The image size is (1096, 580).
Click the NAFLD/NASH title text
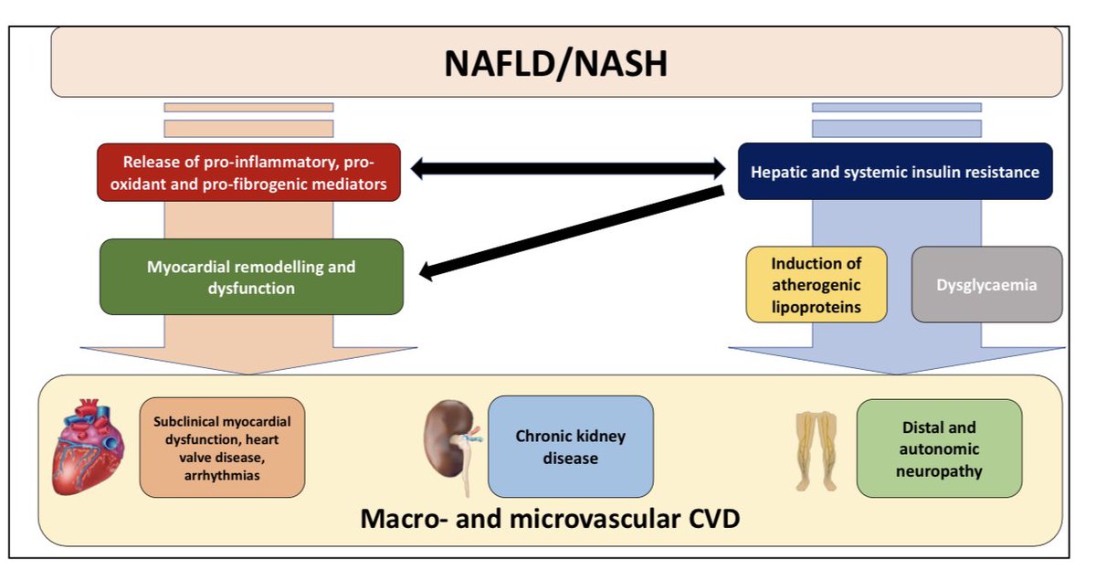click(555, 63)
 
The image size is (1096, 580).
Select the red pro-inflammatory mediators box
click(249, 173)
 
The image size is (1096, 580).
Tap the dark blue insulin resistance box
click(894, 172)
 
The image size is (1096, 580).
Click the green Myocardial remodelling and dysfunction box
click(251, 277)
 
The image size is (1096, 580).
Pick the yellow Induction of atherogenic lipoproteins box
click(816, 285)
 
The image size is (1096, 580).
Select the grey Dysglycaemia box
click(986, 285)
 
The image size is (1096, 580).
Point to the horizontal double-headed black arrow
click(567, 168)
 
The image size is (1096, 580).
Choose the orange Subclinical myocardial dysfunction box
click(222, 448)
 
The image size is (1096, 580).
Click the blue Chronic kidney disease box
click(570, 447)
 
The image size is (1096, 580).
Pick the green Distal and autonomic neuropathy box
click(938, 448)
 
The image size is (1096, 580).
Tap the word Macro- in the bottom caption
click(411, 520)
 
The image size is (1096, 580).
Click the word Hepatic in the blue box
click(779, 172)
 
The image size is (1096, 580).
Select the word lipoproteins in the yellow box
click(816, 307)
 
